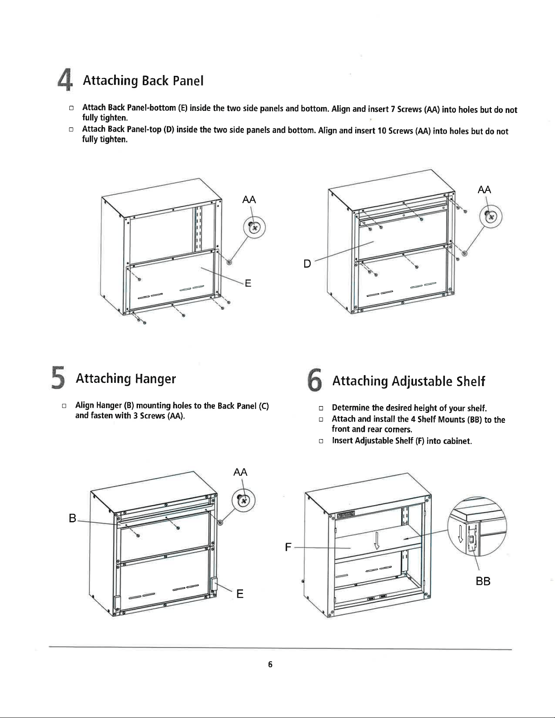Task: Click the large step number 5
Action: pos(58,378)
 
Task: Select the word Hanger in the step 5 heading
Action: pos(155,379)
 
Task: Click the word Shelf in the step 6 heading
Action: pos(471,381)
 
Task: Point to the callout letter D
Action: pos(307,264)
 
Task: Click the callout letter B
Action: pos(73,518)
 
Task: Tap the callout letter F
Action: pos(288,547)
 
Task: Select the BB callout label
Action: pos(483,581)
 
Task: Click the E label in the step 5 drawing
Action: pos(240,594)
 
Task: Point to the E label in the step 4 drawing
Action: pos(248,283)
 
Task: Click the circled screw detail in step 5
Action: pos(243,500)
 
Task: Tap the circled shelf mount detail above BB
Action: pos(477,526)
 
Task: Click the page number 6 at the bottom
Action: pos(270,664)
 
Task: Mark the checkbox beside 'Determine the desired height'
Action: pos(321,408)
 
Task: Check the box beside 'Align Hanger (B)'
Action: pos(64,406)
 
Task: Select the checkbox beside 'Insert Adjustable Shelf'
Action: pos(321,441)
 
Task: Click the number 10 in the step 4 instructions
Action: pos(382,131)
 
